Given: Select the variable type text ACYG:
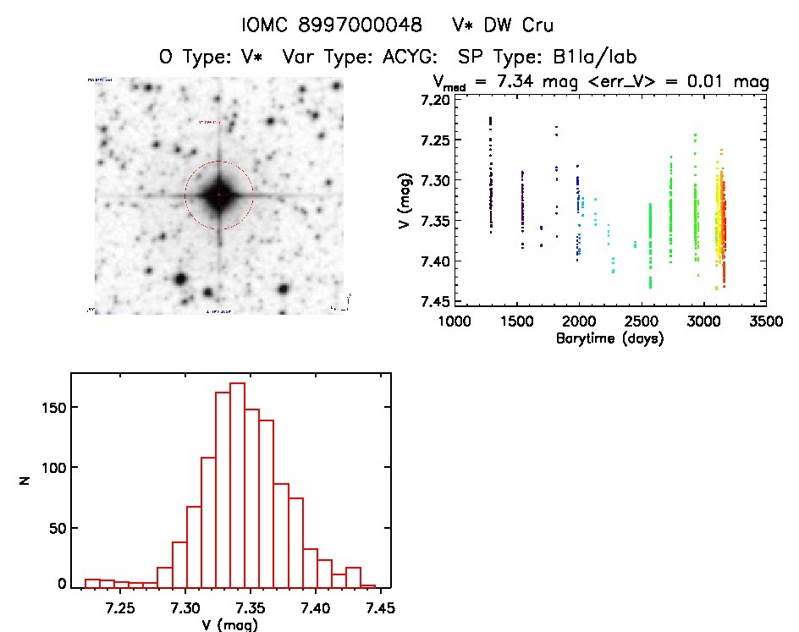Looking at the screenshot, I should [x=405, y=58].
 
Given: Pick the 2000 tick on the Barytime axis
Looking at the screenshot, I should [x=579, y=322].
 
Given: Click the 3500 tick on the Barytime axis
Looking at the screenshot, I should [x=765, y=322].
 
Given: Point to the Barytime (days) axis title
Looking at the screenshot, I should [x=609, y=339].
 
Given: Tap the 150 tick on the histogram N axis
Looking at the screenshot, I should [x=52, y=407].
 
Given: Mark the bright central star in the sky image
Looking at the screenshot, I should [x=218, y=195].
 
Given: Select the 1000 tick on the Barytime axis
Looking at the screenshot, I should [x=455, y=322].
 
